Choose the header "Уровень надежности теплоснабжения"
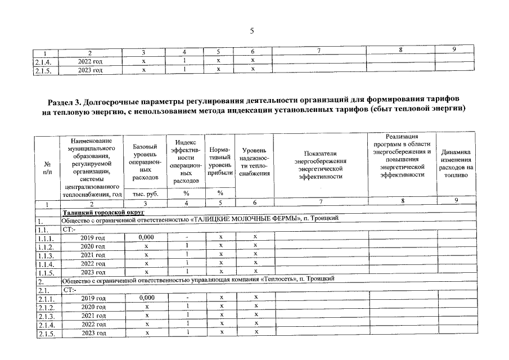254,161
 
